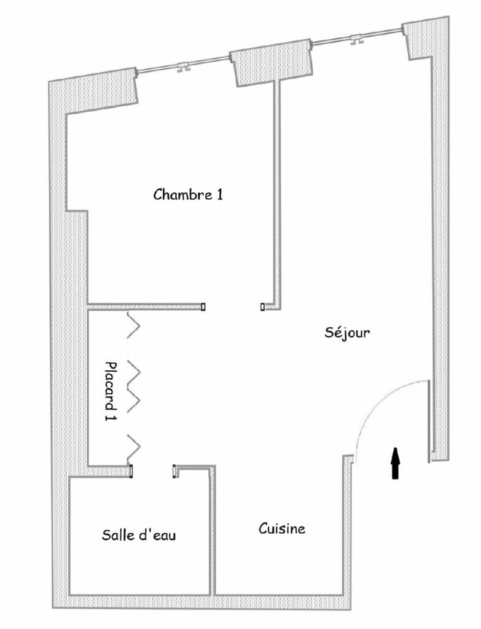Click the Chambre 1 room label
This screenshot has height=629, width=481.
coord(187,195)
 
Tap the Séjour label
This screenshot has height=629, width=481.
coord(347,333)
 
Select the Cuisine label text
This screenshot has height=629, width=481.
coord(281,528)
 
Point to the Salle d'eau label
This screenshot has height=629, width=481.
coord(139,535)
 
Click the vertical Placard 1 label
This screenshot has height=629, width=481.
coord(111,391)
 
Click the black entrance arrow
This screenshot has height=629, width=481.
coord(396,463)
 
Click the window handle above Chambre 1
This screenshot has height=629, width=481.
coord(182,67)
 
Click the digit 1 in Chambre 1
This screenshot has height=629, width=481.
coord(219,195)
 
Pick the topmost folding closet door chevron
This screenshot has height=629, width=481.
coord(133,326)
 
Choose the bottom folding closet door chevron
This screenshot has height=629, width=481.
coord(133,447)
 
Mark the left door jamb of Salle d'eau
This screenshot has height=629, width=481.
coord(131,471)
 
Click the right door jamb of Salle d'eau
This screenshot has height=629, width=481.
coord(175,471)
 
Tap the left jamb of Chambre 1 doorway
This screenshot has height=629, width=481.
coord(203,306)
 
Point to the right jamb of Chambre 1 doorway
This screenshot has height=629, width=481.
coord(262,306)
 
